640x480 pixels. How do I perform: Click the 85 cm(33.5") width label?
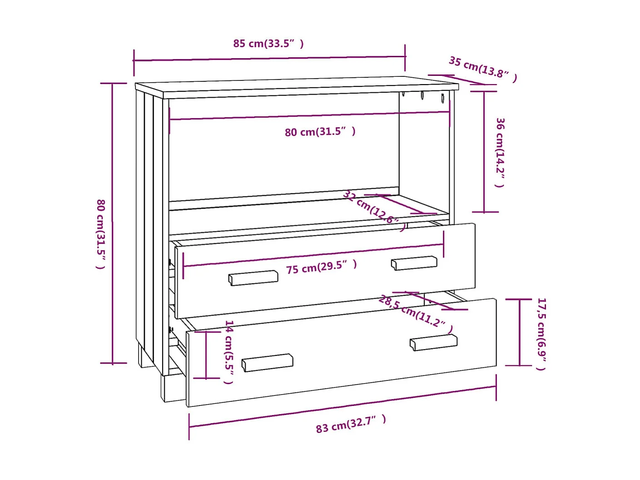tap(268, 44)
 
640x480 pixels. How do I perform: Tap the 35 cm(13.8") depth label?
tap(482, 68)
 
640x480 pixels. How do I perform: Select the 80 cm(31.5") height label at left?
tap(100, 234)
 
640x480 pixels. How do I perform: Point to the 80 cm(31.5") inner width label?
tap(320, 132)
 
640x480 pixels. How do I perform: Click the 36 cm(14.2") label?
tap(500, 152)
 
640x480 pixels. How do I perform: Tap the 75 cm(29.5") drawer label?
tap(321, 267)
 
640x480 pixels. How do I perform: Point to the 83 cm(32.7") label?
tap(351, 424)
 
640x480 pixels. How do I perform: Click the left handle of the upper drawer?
tap(253, 278)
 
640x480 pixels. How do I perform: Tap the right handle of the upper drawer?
tap(414, 263)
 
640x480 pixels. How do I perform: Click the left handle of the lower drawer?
tap(267, 362)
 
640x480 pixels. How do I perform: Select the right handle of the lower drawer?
tap(433, 342)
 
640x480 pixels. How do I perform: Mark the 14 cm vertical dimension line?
tap(207, 355)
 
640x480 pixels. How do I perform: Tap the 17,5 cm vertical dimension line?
tap(519, 332)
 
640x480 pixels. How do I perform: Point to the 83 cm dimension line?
tap(342, 407)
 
